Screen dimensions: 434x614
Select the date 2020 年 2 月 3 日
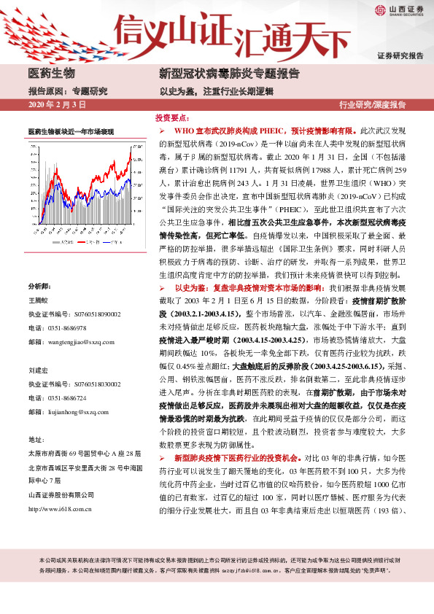tap(55, 105)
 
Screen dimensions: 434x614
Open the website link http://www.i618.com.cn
tap(61, 508)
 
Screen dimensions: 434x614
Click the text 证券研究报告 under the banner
tap(400, 56)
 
